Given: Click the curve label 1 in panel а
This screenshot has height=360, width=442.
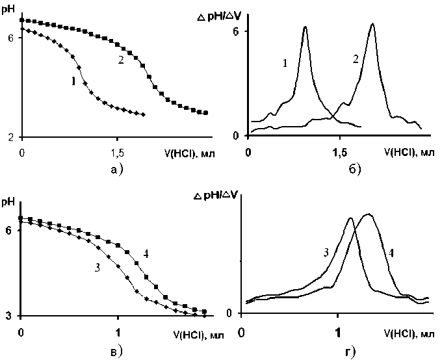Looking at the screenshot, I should (73, 82).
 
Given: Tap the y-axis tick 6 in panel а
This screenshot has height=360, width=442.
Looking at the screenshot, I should (11, 38).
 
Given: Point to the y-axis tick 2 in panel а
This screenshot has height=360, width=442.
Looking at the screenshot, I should (11, 137).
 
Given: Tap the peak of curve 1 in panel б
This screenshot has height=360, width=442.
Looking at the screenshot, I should (305, 27).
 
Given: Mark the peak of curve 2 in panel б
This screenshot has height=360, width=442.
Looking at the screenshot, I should (372, 24).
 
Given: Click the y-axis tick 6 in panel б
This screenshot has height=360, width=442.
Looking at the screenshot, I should (238, 31).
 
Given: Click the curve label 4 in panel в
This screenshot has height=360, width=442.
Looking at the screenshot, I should (148, 253).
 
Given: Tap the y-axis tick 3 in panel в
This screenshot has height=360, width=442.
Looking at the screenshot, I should (11, 316).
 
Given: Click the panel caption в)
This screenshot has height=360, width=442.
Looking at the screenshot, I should (117, 352).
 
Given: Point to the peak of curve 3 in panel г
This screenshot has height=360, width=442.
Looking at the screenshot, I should (350, 218).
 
